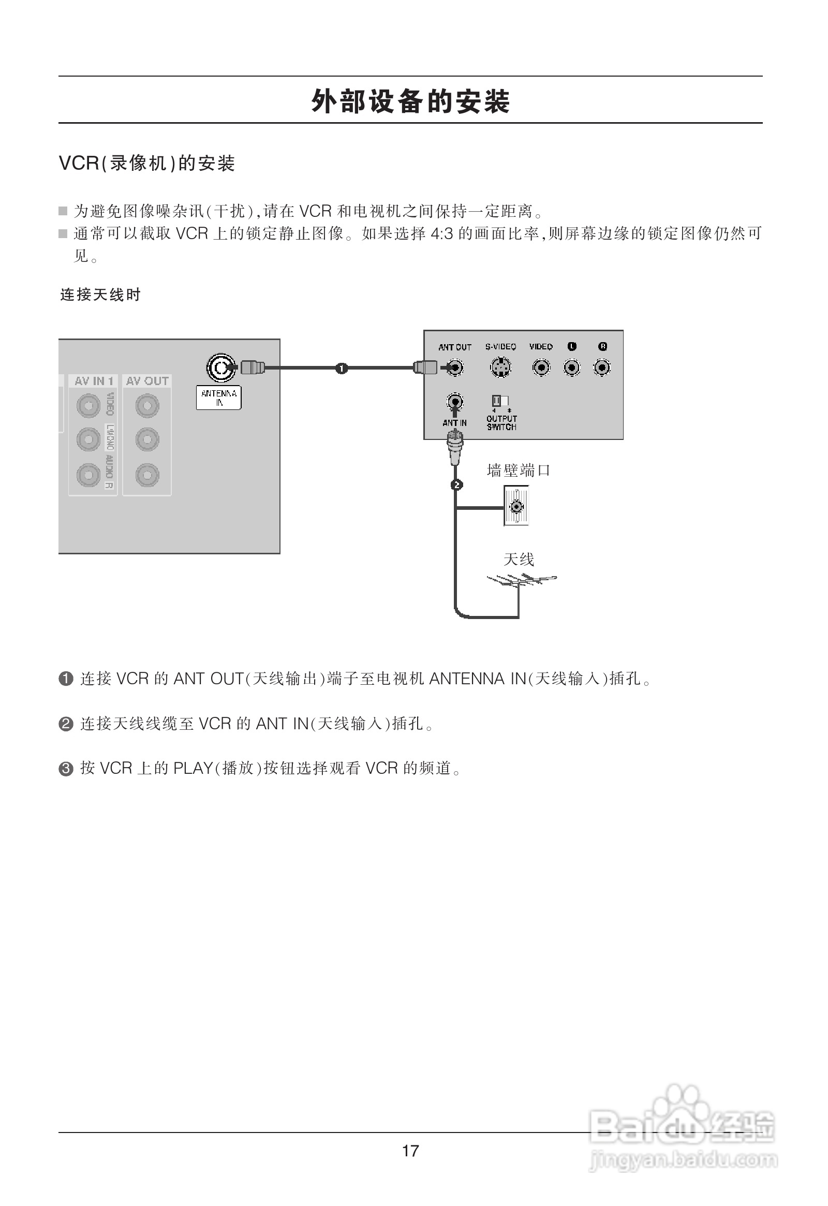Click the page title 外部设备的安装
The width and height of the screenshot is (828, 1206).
click(410, 101)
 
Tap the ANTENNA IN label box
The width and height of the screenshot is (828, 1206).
click(218, 398)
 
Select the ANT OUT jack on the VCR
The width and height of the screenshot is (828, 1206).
click(455, 368)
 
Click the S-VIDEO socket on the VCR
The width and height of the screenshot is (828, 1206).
click(500, 368)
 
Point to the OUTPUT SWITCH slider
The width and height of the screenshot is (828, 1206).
click(500, 401)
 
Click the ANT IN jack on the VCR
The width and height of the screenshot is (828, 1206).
click(455, 402)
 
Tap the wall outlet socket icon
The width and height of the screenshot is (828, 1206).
click(516, 506)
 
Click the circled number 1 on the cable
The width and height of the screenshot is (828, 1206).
click(342, 369)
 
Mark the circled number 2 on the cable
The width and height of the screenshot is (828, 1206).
click(456, 485)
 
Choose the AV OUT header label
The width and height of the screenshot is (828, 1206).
click(147, 381)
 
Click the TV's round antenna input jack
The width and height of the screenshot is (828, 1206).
click(221, 368)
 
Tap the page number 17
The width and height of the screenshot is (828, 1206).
click(410, 1151)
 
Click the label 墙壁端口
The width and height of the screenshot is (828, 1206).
click(518, 470)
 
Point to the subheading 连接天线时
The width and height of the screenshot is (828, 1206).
click(100, 295)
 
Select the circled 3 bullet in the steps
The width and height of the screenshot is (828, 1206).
click(66, 769)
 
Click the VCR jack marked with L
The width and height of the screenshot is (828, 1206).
click(572, 368)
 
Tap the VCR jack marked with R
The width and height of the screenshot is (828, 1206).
click(602, 368)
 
